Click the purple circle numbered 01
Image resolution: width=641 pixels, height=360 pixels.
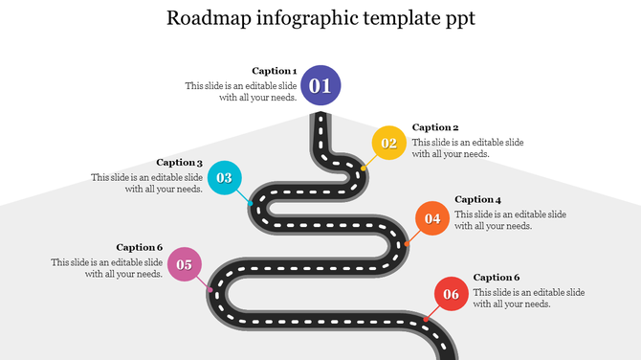320,86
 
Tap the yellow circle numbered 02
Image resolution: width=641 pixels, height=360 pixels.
388,144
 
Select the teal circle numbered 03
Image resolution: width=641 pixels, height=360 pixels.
224,177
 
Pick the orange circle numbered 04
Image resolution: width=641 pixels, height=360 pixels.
432,218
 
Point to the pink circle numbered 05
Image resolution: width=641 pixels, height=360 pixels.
185,264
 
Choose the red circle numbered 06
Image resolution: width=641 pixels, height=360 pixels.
451,294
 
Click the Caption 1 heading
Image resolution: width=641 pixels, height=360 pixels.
275,71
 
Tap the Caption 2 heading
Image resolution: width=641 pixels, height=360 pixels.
435,127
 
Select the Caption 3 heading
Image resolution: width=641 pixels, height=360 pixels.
180,163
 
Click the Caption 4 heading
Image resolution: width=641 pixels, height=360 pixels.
478,199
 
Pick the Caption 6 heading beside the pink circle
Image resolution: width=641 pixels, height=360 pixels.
140,247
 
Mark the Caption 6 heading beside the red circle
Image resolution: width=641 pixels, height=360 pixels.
497,278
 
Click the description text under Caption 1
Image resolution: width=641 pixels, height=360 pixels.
241,91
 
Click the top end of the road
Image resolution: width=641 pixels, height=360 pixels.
320,118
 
